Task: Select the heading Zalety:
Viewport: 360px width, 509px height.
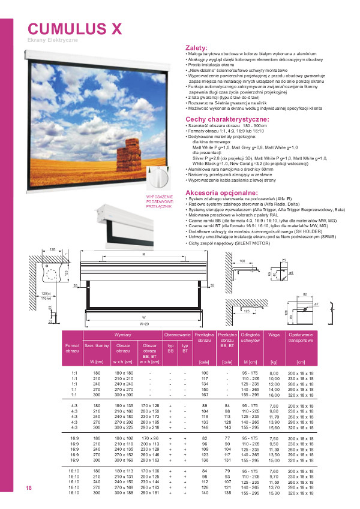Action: (197, 48)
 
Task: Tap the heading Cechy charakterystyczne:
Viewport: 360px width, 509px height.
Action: (227, 120)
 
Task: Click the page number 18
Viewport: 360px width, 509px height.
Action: (28, 488)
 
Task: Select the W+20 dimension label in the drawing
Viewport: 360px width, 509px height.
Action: (144, 323)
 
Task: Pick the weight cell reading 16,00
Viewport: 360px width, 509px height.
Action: (275, 395)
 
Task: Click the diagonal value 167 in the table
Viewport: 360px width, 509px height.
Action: (205, 395)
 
